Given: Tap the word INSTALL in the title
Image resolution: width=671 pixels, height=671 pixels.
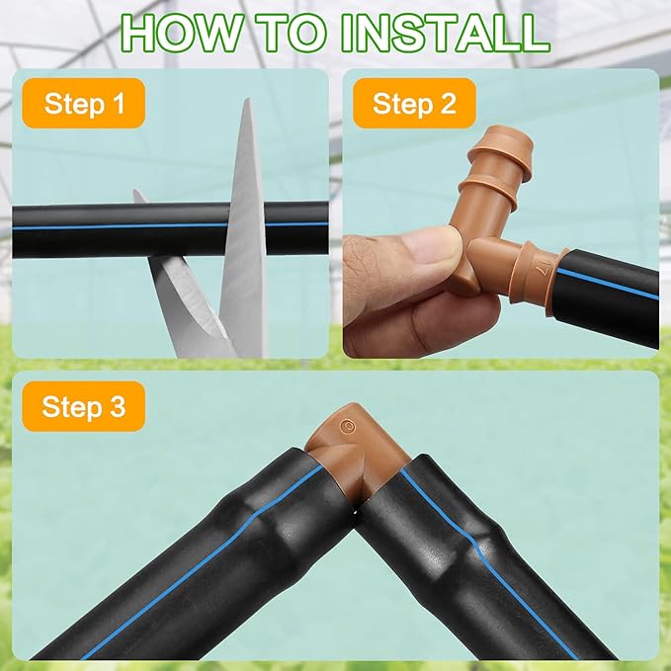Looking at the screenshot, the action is pos(445,33).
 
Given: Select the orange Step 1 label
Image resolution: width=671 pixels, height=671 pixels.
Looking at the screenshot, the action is pos(83,103).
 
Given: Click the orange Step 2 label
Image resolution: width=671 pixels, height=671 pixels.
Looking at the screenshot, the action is pos(414,103).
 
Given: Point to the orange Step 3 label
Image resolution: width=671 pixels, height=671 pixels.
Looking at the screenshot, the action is pos(83,406).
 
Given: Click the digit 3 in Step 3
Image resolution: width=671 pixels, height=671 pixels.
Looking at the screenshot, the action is pos(118,406).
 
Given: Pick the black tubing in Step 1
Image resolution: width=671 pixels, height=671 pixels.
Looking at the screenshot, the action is pos(170,230).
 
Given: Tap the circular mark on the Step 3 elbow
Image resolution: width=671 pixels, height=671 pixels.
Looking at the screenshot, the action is pos(348,426).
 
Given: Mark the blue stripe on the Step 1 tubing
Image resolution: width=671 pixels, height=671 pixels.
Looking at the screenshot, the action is pos(170,225).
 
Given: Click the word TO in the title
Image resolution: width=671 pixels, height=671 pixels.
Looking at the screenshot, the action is pos(294,33).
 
